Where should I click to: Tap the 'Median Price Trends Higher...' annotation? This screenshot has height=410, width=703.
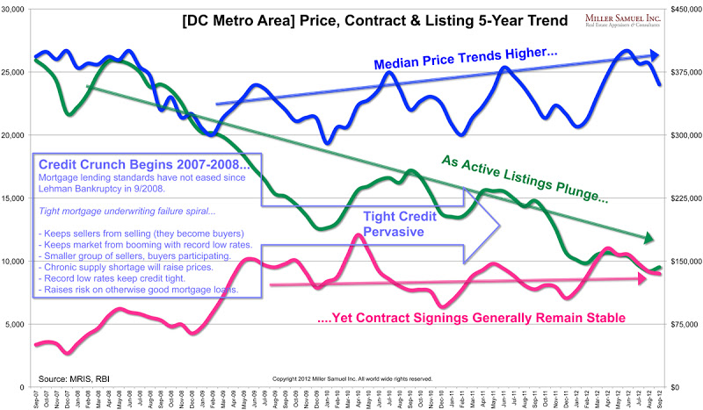(466, 61)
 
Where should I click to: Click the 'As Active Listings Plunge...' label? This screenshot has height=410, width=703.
(525, 177)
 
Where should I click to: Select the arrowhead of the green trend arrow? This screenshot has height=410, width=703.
(649, 238)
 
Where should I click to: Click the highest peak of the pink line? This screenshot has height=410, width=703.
(355, 235)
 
